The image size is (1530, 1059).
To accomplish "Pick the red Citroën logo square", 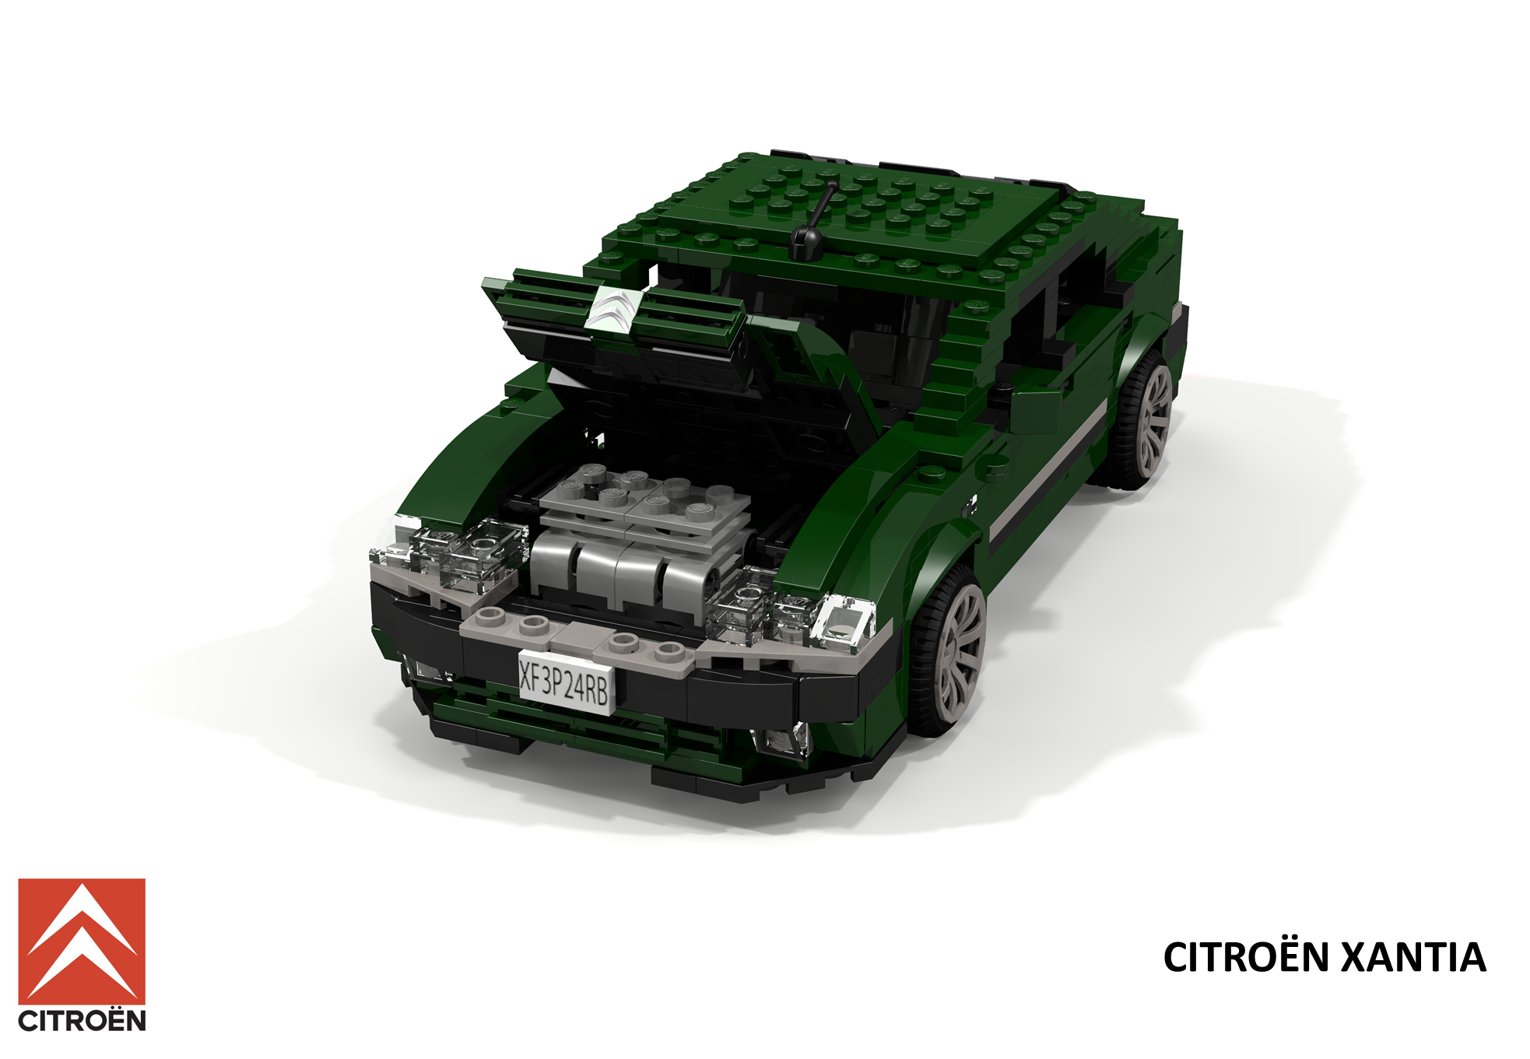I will (x=82, y=942).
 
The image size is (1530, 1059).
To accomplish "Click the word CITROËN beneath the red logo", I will (x=82, y=1021).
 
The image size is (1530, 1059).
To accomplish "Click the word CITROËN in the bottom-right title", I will (x=1246, y=957).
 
